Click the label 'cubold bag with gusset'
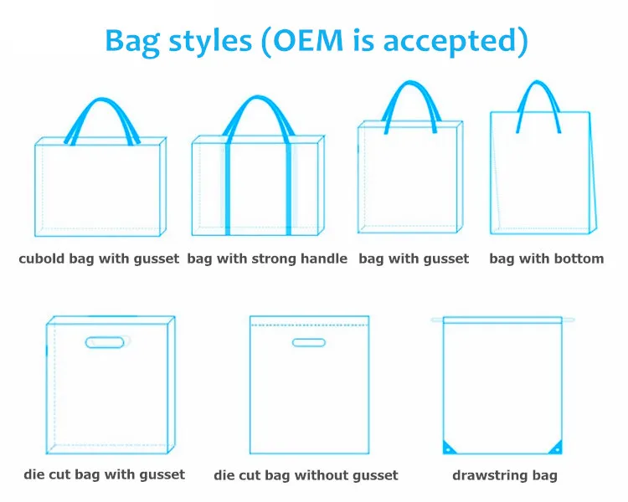pos(99,259)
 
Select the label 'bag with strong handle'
pos(267,259)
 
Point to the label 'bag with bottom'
pos(546,259)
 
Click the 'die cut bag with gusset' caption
pos(105,474)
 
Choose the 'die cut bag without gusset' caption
pos(306,475)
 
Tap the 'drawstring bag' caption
pos(504,475)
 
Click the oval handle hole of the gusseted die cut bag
pos(106,342)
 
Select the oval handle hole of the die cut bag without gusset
pos(308,342)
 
